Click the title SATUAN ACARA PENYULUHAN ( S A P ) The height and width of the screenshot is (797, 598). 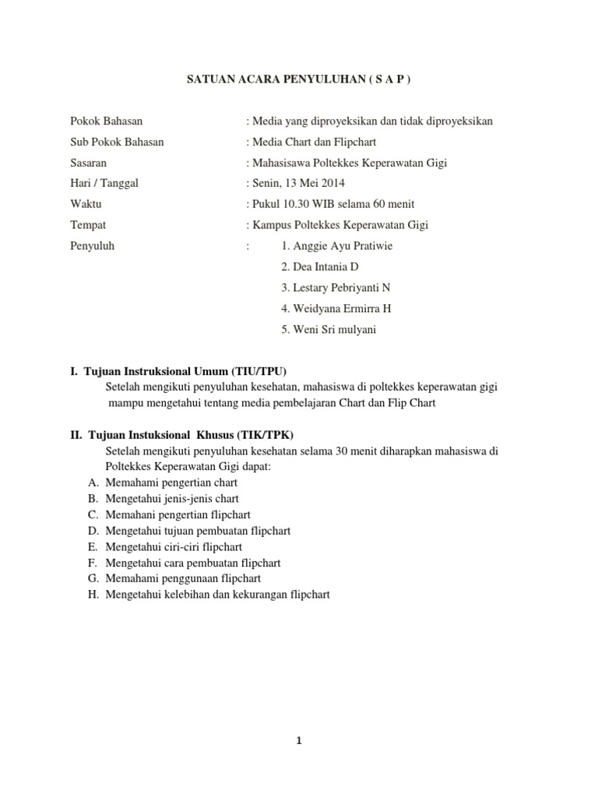[298, 79]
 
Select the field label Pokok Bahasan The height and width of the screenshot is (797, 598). [106, 121]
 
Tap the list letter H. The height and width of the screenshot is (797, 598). [93, 595]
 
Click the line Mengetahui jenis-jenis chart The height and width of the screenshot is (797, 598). [172, 498]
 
